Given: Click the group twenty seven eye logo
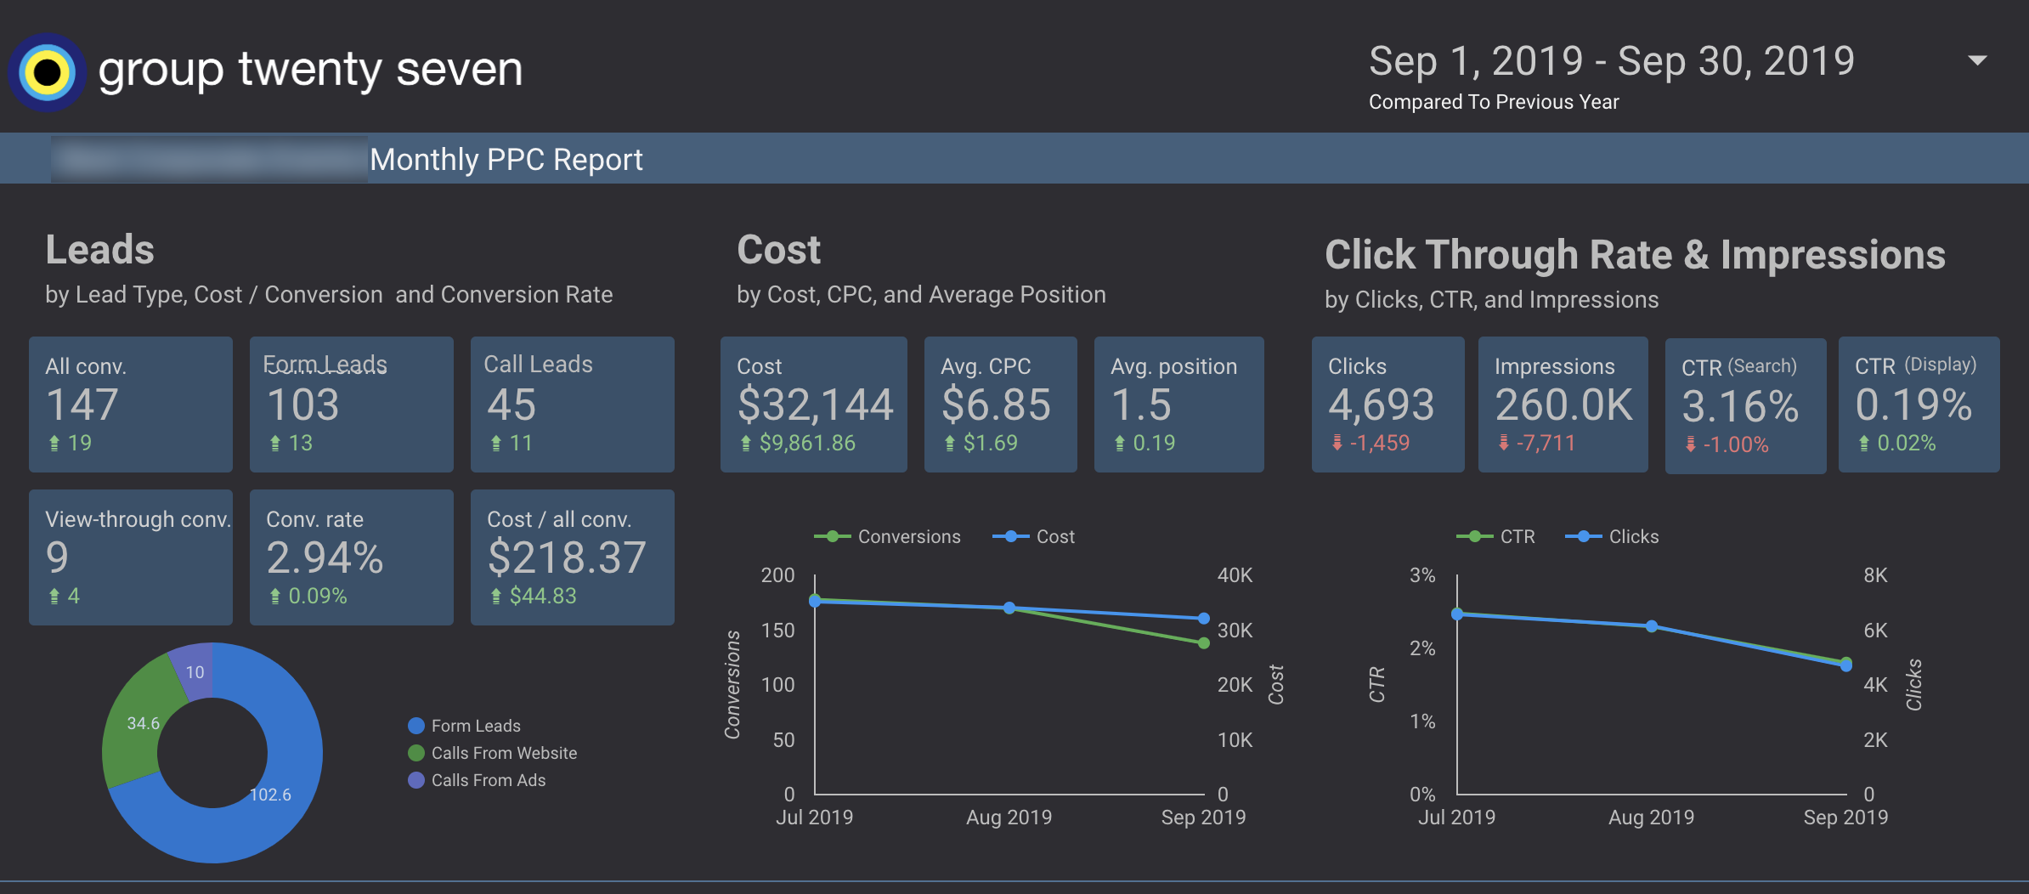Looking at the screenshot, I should [x=47, y=72].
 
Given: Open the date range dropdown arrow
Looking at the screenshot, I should [x=1977, y=60].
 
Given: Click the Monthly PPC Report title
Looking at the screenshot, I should [x=506, y=160].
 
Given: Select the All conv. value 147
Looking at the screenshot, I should [x=82, y=405].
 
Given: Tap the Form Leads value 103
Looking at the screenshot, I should [x=302, y=405].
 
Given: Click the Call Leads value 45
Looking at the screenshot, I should [x=511, y=405].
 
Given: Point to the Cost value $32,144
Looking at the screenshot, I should [x=815, y=405].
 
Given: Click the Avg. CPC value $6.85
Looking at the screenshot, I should [x=996, y=405].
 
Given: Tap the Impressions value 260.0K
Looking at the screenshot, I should [x=1563, y=405].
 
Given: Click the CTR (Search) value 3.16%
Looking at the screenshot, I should [x=1740, y=406].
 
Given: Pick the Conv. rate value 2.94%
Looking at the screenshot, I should [x=325, y=558].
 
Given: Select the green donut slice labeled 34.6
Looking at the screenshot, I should [x=141, y=722].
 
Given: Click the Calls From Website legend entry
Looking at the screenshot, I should [x=503, y=753].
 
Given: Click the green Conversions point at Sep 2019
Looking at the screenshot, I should [x=1203, y=642].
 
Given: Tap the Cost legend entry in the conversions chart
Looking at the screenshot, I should [x=1054, y=536].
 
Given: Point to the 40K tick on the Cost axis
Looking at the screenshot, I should [x=1234, y=575].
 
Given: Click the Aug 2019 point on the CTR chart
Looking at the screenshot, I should [x=1651, y=626].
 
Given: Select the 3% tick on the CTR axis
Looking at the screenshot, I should [x=1421, y=575].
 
